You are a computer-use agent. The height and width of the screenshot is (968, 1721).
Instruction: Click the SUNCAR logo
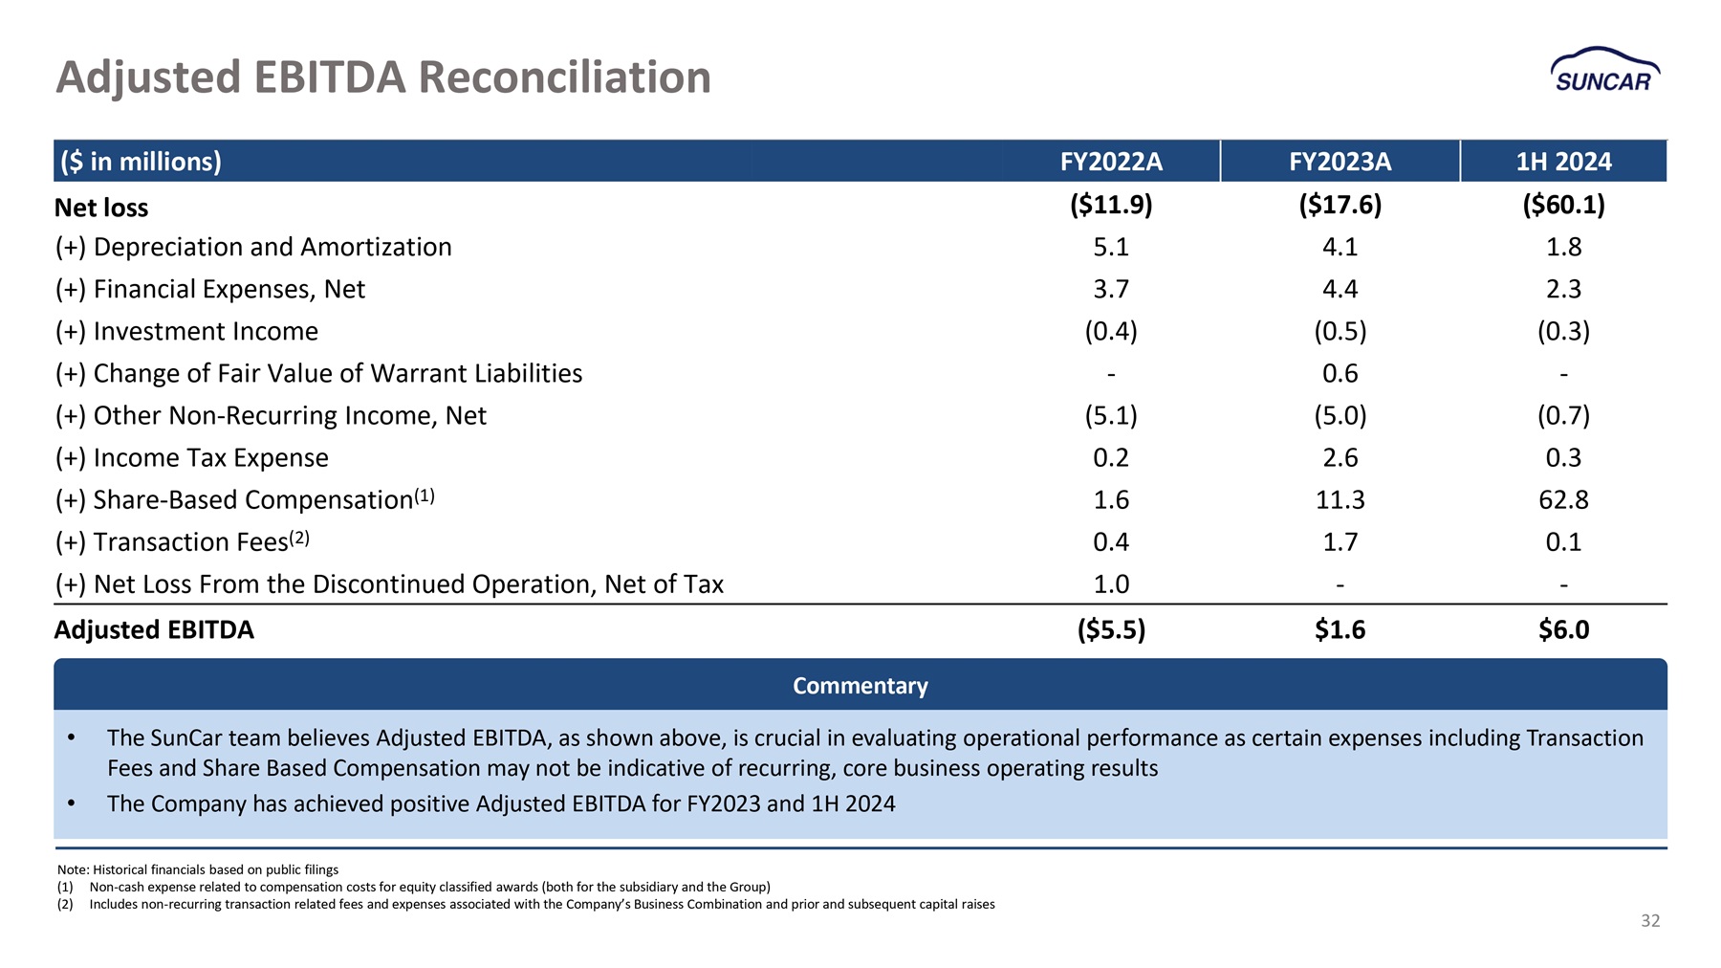pyautogui.click(x=1604, y=70)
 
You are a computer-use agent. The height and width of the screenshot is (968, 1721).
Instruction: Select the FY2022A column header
pyautogui.click(x=1111, y=162)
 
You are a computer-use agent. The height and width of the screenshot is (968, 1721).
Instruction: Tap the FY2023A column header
pyautogui.click(x=1340, y=162)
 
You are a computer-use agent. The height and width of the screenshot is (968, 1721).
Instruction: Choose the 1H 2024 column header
pyautogui.click(x=1563, y=162)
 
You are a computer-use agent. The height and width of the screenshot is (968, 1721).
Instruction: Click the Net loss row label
pyautogui.click(x=101, y=208)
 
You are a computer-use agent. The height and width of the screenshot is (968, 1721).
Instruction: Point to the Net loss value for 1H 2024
pyautogui.click(x=1563, y=205)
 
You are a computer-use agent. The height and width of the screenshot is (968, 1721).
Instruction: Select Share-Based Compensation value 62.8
pyautogui.click(x=1563, y=499)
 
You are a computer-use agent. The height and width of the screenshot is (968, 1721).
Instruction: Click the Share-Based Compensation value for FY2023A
pyautogui.click(x=1340, y=499)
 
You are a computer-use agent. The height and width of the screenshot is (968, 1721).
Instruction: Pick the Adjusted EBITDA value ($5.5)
pyautogui.click(x=1111, y=629)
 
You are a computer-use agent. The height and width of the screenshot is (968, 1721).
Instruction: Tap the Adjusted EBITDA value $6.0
pyautogui.click(x=1563, y=629)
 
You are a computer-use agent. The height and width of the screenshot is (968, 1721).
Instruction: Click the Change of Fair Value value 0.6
pyautogui.click(x=1340, y=373)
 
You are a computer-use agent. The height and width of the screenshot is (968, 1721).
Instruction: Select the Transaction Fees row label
pyautogui.click(x=182, y=540)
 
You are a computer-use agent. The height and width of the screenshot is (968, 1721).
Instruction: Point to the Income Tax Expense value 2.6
pyautogui.click(x=1340, y=457)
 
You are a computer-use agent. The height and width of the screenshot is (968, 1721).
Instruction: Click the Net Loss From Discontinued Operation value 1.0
pyautogui.click(x=1111, y=583)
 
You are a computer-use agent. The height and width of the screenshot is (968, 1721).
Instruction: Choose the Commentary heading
pyautogui.click(x=860, y=686)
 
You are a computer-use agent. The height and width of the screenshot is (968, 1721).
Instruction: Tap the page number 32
pyautogui.click(x=1650, y=920)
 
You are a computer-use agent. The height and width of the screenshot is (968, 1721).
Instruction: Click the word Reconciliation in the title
pyautogui.click(x=564, y=77)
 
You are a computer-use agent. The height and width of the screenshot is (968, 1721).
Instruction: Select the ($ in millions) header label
pyautogui.click(x=141, y=162)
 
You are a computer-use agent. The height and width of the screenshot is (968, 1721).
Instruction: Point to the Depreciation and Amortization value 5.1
pyautogui.click(x=1111, y=247)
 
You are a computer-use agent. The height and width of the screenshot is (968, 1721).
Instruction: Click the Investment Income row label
pyautogui.click(x=186, y=331)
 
